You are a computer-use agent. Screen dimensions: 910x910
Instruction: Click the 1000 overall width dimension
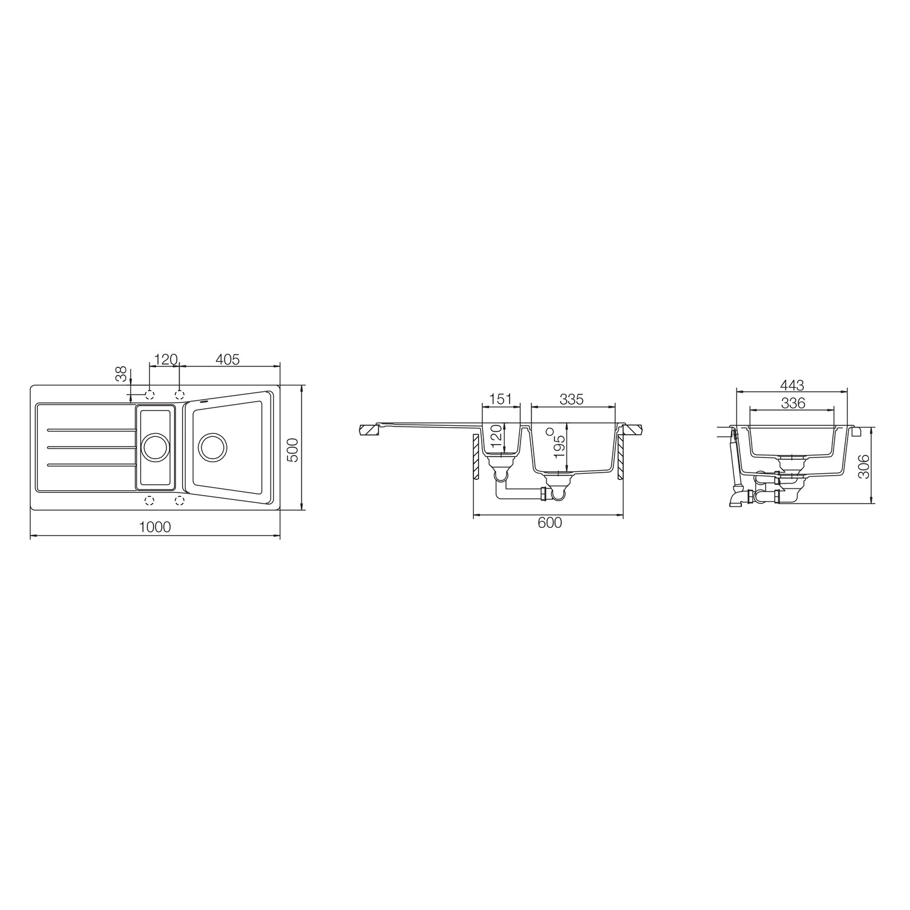(155, 527)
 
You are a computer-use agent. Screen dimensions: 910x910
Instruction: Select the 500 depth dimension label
(294, 450)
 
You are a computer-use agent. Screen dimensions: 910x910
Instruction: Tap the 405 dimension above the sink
(227, 359)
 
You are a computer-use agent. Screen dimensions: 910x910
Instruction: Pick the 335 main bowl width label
(571, 399)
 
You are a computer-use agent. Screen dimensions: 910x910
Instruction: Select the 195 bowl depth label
(560, 445)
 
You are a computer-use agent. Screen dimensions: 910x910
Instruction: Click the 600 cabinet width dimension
(550, 522)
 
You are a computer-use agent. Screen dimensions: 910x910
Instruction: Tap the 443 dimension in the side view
(792, 385)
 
